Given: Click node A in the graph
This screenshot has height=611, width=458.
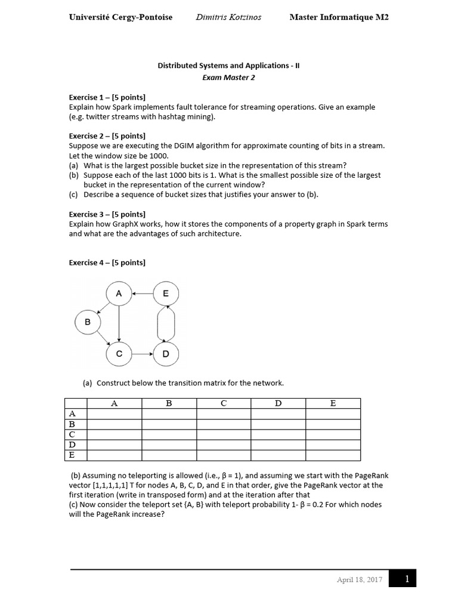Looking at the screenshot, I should click(x=119, y=293).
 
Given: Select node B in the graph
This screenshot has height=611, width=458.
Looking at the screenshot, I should click(x=88, y=322).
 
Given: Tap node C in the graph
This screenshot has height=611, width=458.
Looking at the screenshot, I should click(x=119, y=354).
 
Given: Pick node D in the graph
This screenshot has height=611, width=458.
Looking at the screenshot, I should click(x=166, y=354).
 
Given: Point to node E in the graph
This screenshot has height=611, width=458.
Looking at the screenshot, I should click(x=166, y=293).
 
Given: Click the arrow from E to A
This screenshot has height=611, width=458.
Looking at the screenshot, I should click(x=143, y=293).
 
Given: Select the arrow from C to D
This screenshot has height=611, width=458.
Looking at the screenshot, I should click(x=143, y=354).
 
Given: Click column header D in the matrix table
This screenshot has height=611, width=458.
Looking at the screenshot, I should click(x=278, y=403).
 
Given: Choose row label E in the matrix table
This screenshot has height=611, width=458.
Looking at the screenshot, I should click(x=72, y=455).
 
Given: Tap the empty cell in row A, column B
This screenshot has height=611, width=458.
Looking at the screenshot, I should click(x=169, y=414).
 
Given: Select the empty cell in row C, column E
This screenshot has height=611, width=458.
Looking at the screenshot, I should click(x=333, y=434).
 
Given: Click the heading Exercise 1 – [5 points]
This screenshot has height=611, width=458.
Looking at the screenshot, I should click(x=107, y=97).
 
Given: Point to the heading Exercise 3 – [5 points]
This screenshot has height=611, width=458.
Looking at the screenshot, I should click(x=107, y=214).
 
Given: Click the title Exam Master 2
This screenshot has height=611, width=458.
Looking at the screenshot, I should click(x=228, y=78).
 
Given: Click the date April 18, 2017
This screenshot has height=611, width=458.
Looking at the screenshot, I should click(x=359, y=579).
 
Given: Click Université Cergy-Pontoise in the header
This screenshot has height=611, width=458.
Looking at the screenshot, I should click(x=120, y=17).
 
